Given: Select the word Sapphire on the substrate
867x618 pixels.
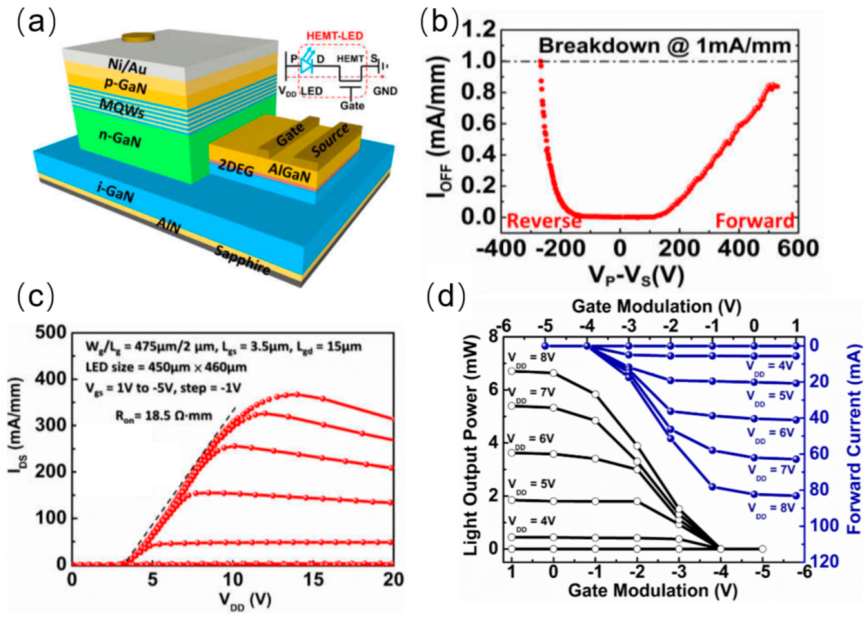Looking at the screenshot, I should (242, 261).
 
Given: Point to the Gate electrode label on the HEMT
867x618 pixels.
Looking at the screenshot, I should (290, 135).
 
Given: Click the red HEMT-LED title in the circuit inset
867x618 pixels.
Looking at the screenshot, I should (335, 36).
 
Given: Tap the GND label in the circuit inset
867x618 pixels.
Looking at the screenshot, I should (385, 91).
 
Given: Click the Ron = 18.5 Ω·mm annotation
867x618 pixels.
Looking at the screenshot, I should (164, 415).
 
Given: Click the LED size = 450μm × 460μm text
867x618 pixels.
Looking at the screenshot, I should (166, 367).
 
